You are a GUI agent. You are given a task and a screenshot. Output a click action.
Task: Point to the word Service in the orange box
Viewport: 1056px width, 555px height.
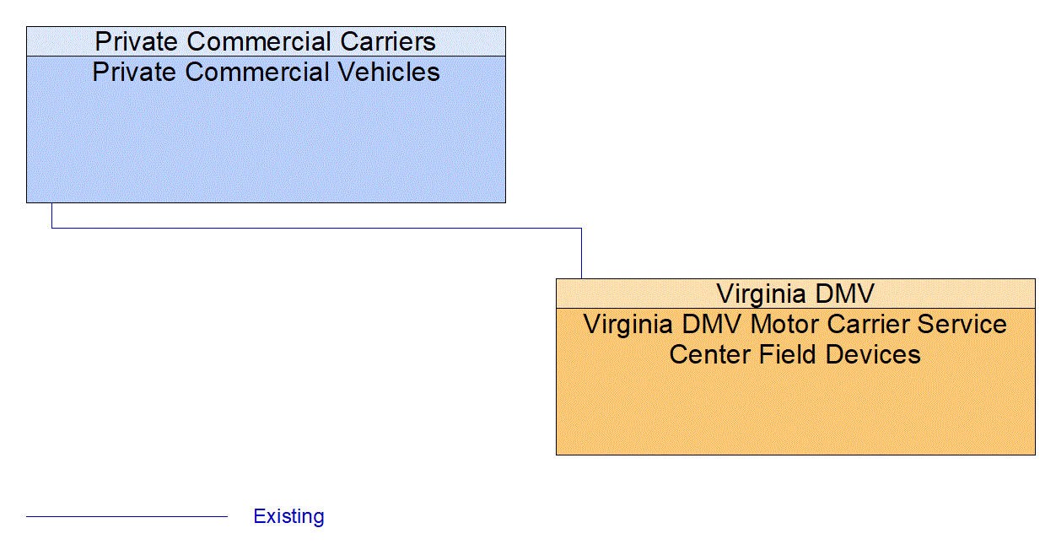tap(960, 325)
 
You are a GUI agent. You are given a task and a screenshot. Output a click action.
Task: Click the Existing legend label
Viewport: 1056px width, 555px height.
tap(288, 516)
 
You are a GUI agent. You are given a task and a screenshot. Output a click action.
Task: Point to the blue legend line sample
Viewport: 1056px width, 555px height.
tap(127, 516)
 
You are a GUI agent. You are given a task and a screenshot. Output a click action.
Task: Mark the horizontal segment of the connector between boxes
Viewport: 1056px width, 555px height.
tap(316, 228)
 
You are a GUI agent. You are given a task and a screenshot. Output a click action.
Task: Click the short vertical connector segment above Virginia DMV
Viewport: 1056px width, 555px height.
tap(581, 253)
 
